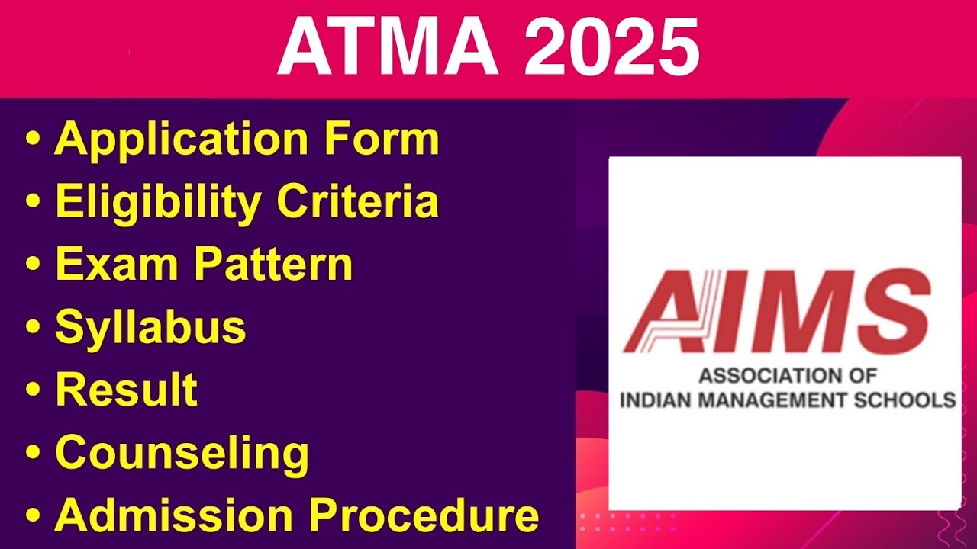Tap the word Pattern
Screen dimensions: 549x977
pyautogui.click(x=272, y=265)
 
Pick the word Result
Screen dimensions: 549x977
pyautogui.click(x=126, y=390)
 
